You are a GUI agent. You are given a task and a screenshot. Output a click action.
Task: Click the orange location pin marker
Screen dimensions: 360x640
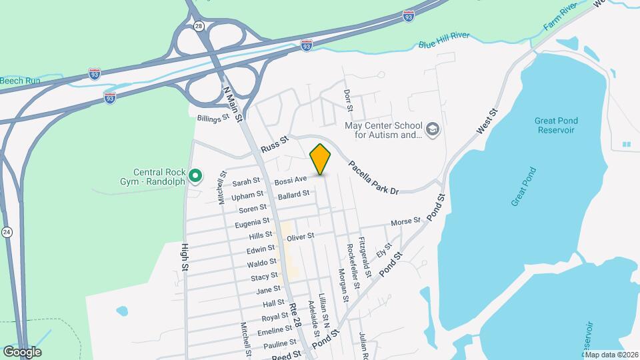(x=320, y=159)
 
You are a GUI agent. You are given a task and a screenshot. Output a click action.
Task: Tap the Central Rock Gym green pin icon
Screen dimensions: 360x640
(x=195, y=177)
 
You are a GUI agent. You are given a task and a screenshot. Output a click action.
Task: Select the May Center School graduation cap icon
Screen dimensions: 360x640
(x=433, y=129)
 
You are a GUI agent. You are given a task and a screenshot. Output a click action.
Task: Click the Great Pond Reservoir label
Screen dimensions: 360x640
(x=556, y=125)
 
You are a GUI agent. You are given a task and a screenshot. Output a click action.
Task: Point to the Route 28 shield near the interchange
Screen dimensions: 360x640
(x=199, y=26)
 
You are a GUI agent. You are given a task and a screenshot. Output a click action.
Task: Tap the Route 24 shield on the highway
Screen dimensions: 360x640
(x=7, y=232)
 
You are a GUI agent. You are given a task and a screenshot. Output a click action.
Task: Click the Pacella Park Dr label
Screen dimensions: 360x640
(x=373, y=177)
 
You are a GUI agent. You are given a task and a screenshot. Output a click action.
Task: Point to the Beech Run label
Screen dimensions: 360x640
(x=20, y=81)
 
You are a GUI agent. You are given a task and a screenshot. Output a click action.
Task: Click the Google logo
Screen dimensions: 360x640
(x=22, y=351)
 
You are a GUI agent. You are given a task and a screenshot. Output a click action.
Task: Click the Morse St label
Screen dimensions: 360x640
(x=405, y=221)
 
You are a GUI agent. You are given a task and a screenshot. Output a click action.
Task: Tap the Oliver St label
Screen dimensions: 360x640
(x=300, y=235)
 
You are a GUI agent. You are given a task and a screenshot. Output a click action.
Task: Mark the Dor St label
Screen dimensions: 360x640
(x=347, y=101)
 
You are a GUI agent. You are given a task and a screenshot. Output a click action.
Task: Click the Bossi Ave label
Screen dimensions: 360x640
(x=291, y=180)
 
